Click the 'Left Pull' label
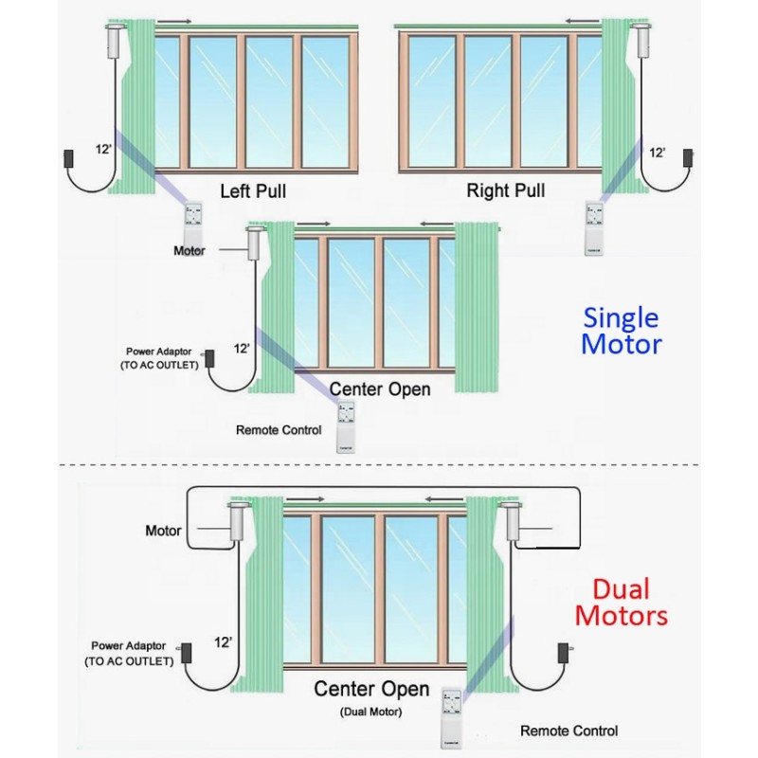pos(253,190)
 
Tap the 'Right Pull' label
pos(506,190)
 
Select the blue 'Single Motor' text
pos(621,330)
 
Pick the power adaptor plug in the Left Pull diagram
pos(69,157)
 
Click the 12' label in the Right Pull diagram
pos(657,152)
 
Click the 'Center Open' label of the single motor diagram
pos(380,388)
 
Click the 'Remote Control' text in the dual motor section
pos(568,731)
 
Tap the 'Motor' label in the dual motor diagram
pos(163,530)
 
